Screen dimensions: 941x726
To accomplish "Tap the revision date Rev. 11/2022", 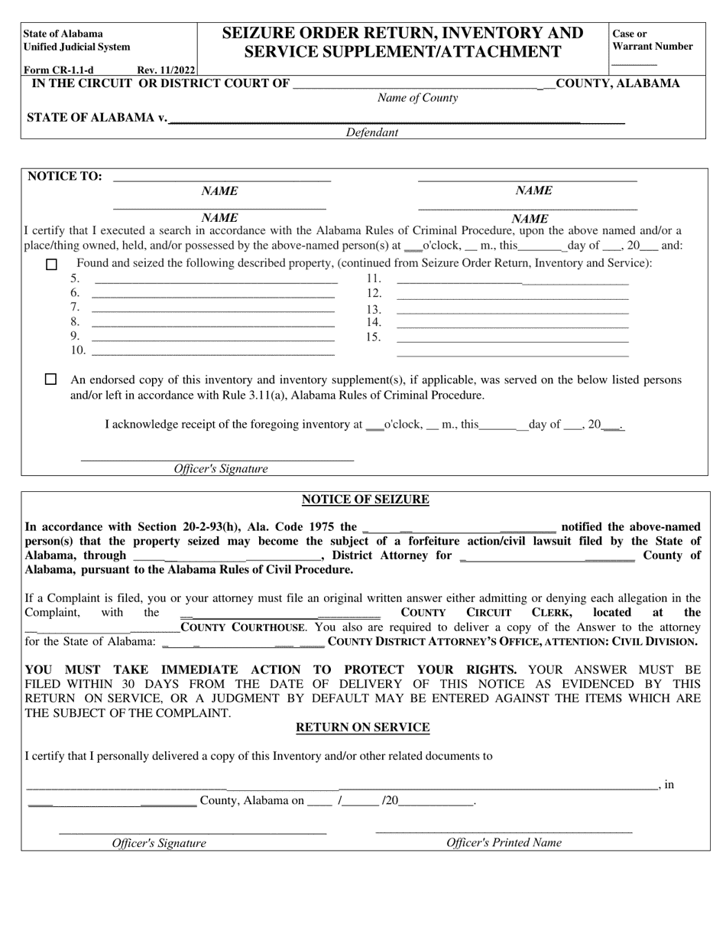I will (166, 70).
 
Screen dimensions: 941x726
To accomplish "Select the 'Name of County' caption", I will (417, 98).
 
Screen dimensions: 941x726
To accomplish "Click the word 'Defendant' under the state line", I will (371, 132).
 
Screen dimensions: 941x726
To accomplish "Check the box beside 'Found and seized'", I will (51, 265).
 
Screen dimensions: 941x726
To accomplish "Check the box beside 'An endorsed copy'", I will (51, 379).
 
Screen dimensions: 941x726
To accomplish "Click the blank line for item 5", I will (214, 281).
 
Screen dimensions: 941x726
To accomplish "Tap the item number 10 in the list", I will (78, 350).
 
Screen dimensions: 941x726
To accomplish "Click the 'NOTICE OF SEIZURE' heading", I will (365, 500).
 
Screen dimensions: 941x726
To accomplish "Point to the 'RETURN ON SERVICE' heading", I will (363, 728).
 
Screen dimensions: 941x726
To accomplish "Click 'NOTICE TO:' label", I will (65, 176).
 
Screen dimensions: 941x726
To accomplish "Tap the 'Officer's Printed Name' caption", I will (504, 842).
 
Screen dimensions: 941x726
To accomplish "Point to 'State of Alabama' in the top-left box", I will (63, 34).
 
